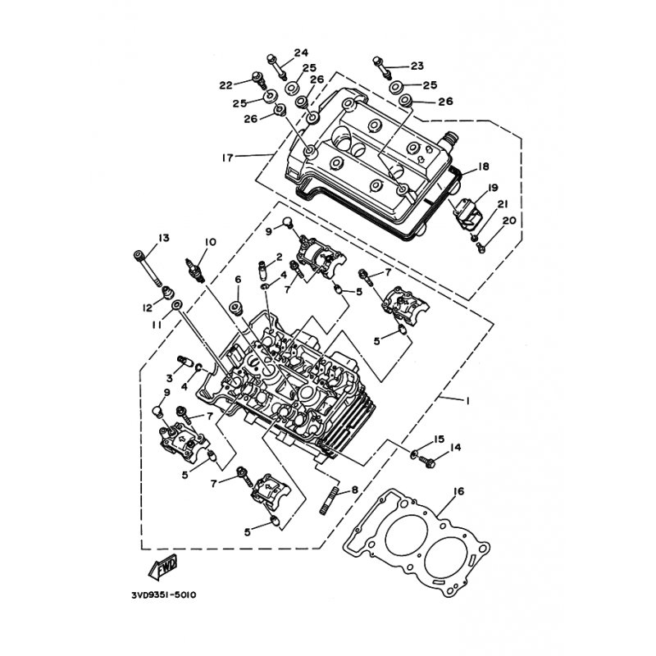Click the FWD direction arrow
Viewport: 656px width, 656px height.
[x=163, y=567]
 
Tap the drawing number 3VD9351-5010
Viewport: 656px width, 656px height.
[x=163, y=594]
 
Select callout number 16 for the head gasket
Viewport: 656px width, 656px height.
[x=459, y=491]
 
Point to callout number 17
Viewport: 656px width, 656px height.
[x=227, y=158]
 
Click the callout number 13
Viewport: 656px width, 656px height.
[x=163, y=238]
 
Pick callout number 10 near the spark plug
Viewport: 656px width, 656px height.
[x=210, y=242]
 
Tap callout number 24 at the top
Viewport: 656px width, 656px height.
[x=301, y=52]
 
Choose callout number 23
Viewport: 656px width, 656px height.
[x=417, y=66]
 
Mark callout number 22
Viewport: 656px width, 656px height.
[x=226, y=85]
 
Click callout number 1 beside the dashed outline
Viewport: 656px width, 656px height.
[x=467, y=401]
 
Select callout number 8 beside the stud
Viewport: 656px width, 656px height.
[x=355, y=490]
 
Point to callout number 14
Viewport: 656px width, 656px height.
[x=455, y=448]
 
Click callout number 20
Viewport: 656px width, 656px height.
[x=509, y=221]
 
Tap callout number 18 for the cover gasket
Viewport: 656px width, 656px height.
[x=483, y=167]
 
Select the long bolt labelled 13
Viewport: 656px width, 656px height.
[x=148, y=268]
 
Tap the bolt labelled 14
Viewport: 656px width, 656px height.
[x=427, y=462]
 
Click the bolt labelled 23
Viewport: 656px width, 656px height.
[x=381, y=67]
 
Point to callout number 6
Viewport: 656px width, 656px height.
[x=238, y=280]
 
